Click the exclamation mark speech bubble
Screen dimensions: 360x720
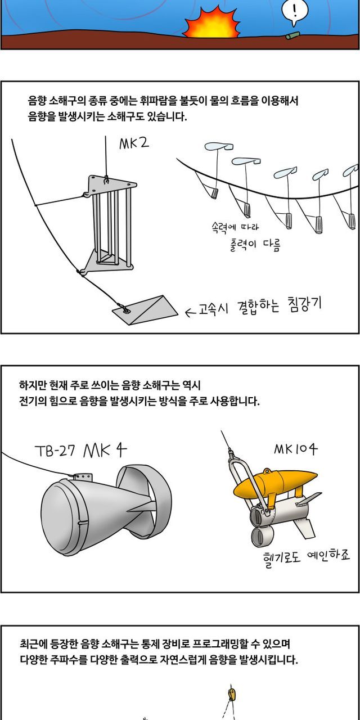click(x=295, y=12)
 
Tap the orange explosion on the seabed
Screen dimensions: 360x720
click(x=212, y=23)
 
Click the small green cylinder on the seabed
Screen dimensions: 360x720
click(x=293, y=35)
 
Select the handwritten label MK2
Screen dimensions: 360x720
click(x=134, y=143)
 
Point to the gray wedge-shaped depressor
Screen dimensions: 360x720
click(x=145, y=310)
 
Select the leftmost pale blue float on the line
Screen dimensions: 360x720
click(x=219, y=147)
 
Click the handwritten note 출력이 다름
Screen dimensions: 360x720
click(x=255, y=245)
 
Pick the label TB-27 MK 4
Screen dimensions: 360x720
click(x=80, y=451)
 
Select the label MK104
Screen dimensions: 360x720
click(x=296, y=449)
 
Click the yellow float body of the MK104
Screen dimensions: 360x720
click(x=275, y=483)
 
